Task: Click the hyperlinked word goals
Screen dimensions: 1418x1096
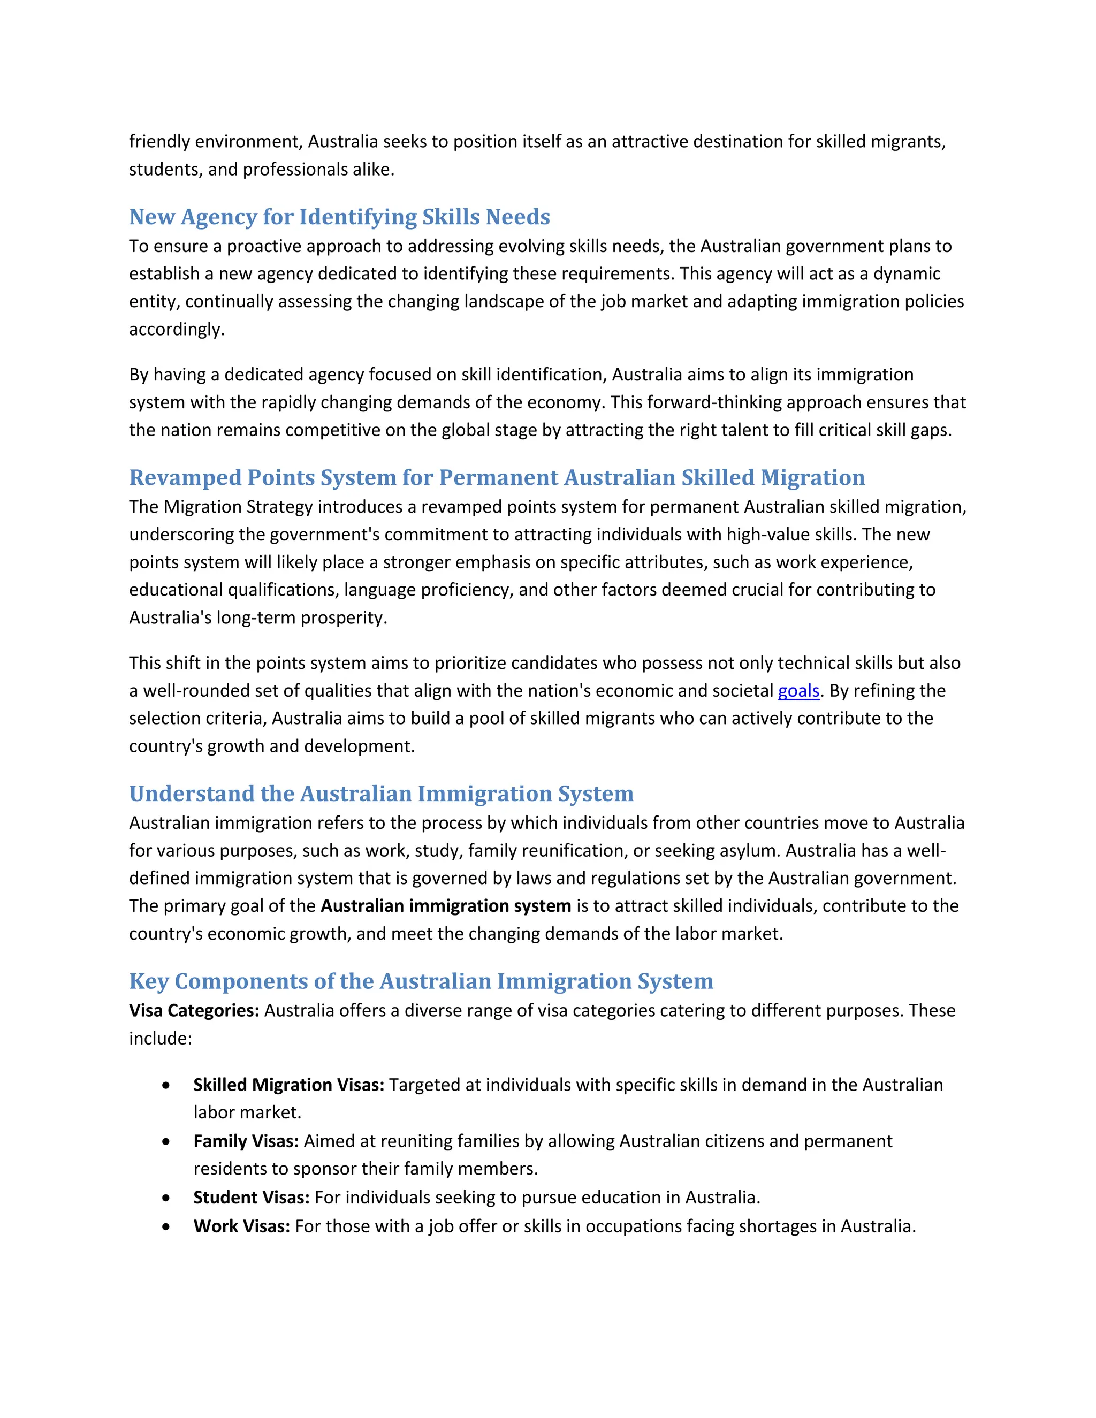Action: (x=798, y=691)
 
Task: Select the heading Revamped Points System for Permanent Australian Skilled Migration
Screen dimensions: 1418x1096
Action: (x=497, y=477)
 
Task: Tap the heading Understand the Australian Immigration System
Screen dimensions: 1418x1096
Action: (x=381, y=794)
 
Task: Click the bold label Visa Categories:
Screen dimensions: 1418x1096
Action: (x=194, y=1011)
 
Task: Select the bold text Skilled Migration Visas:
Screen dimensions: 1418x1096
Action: (x=289, y=1085)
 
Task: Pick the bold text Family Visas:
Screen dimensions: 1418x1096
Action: (x=246, y=1141)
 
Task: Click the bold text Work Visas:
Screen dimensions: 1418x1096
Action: (x=241, y=1226)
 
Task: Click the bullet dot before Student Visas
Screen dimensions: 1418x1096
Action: (x=167, y=1198)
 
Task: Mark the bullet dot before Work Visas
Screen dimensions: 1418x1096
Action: (x=167, y=1227)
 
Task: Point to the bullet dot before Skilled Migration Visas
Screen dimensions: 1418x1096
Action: (x=167, y=1086)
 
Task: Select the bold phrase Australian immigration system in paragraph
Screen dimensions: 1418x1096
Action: (x=445, y=906)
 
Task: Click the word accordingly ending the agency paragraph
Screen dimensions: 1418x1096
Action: (x=176, y=330)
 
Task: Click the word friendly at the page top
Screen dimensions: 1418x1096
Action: (x=159, y=142)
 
